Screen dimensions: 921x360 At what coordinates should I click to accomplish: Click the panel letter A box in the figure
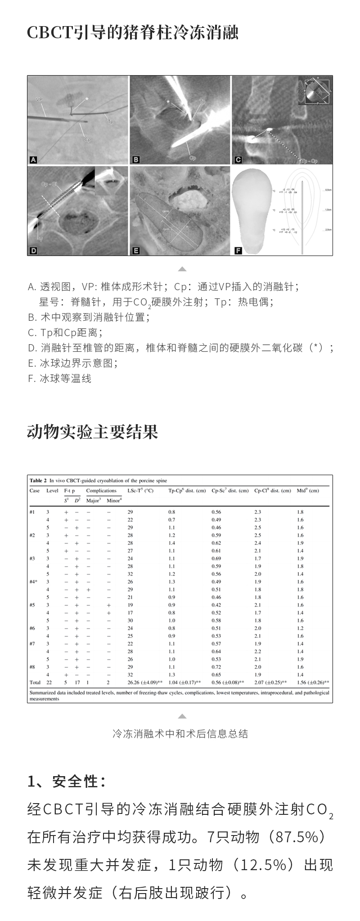(x=33, y=159)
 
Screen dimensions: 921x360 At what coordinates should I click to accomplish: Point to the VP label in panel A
(x=38, y=97)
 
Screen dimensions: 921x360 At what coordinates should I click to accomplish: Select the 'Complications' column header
(x=101, y=490)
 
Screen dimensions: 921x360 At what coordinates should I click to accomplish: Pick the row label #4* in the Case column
(x=33, y=582)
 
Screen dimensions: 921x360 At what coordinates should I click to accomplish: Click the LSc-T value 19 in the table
(x=130, y=605)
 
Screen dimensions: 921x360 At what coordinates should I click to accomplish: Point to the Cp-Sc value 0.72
(x=216, y=667)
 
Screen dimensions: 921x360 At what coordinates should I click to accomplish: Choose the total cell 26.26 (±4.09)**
(x=142, y=683)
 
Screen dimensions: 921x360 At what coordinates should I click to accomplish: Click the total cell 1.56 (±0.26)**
(x=313, y=683)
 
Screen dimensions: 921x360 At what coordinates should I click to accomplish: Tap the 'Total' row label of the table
(x=35, y=683)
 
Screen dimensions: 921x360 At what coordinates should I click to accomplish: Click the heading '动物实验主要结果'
(x=92, y=432)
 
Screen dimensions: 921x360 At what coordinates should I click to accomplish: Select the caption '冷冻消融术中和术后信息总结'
(x=180, y=734)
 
